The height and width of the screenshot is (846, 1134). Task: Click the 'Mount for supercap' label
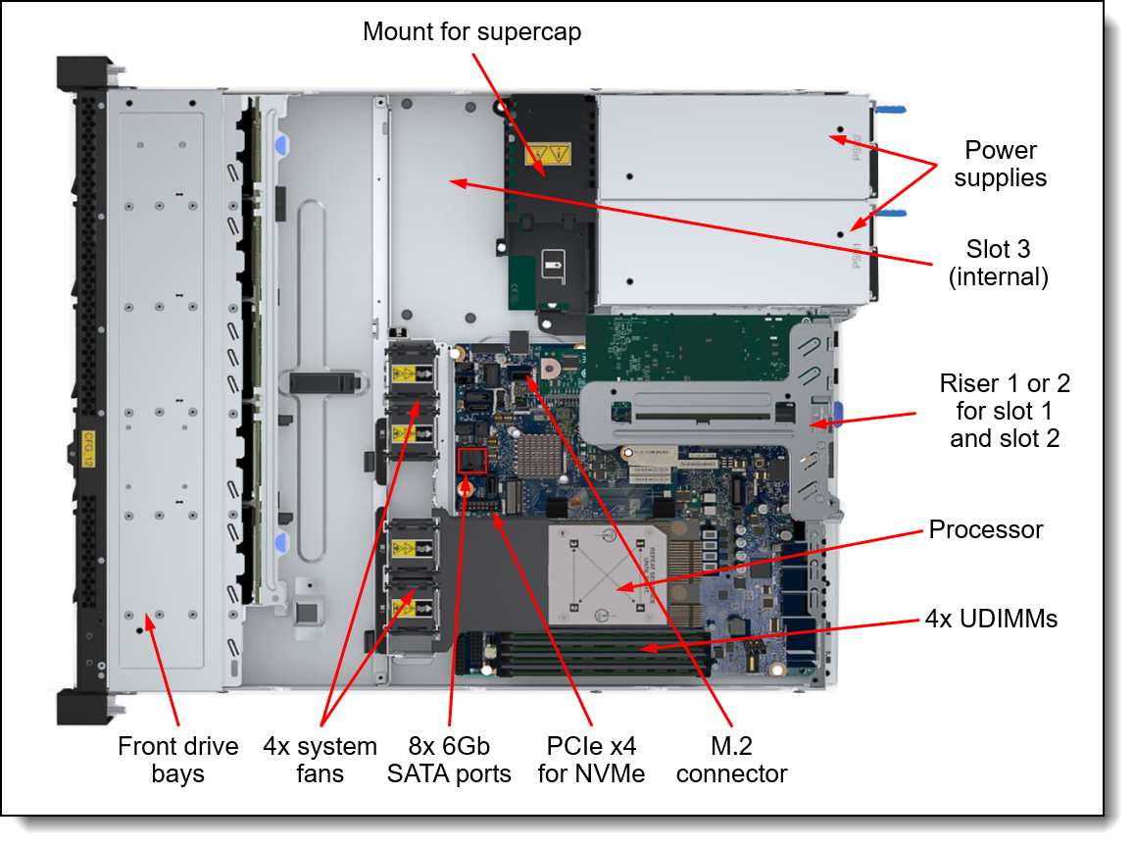pyautogui.click(x=471, y=31)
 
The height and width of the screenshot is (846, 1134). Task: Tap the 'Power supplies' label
pyautogui.click(x=1000, y=164)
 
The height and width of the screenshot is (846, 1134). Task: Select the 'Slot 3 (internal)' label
pyautogui.click(x=998, y=264)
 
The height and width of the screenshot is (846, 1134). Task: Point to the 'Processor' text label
pyautogui.click(x=985, y=530)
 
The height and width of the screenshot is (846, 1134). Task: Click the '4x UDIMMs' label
pyautogui.click(x=991, y=619)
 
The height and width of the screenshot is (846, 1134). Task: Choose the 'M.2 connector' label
pyautogui.click(x=731, y=760)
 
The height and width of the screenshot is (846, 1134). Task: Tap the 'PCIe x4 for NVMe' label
pyautogui.click(x=591, y=760)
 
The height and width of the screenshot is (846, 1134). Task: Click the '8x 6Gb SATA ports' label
pyautogui.click(x=449, y=760)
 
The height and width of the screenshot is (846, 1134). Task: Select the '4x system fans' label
pyautogui.click(x=320, y=760)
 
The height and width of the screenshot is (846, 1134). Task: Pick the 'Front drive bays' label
pyautogui.click(x=177, y=760)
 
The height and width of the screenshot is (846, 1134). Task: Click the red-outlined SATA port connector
pyautogui.click(x=472, y=460)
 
